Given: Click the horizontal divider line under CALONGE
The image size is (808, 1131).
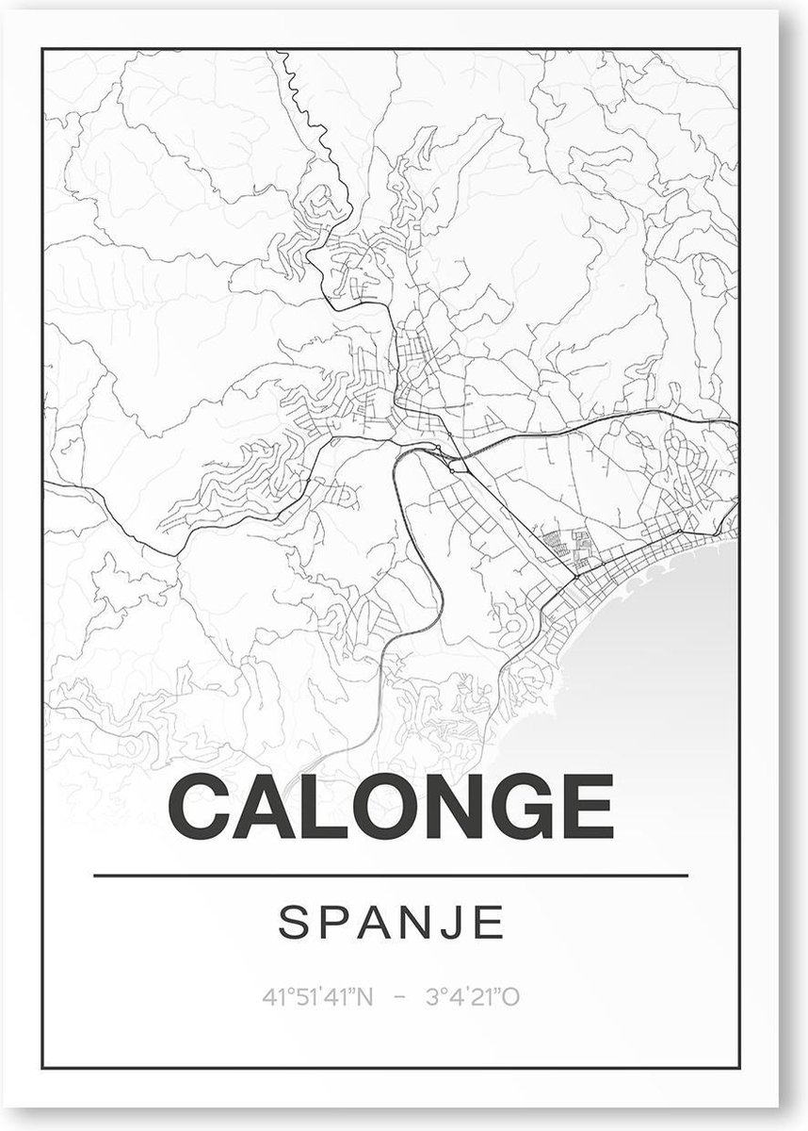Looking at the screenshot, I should tap(391, 876).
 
